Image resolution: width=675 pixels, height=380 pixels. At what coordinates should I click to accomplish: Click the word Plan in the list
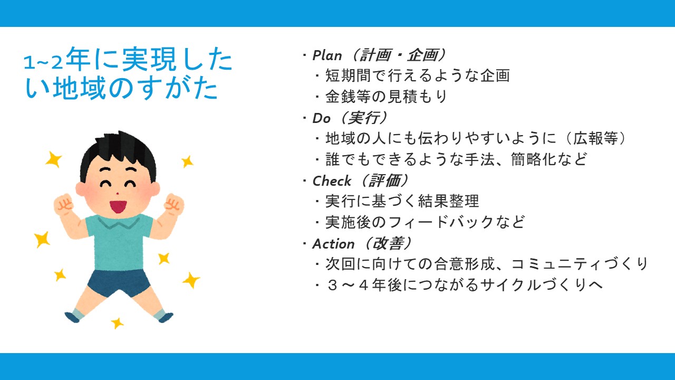tap(327, 55)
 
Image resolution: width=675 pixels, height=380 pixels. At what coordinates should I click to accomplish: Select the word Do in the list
tap(322, 118)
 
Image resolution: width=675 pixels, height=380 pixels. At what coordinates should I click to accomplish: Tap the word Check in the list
tap(332, 181)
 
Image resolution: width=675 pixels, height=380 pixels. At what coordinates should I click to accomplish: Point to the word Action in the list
tap(333, 244)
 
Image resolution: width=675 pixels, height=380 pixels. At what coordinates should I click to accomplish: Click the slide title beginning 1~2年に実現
tap(128, 73)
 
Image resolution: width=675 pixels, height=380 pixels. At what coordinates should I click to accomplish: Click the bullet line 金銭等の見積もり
tap(386, 97)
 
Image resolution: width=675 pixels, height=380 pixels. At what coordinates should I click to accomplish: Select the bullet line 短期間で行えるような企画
tap(417, 75)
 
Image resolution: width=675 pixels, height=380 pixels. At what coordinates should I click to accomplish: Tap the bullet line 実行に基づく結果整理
tap(402, 201)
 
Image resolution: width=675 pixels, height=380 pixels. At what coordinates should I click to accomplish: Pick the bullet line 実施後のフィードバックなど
tap(425, 222)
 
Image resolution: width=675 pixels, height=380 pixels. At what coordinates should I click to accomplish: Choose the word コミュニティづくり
tap(580, 264)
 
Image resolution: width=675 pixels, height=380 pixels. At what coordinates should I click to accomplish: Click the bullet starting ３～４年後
tap(464, 285)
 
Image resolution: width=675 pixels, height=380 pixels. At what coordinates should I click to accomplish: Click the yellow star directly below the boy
tap(117, 323)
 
